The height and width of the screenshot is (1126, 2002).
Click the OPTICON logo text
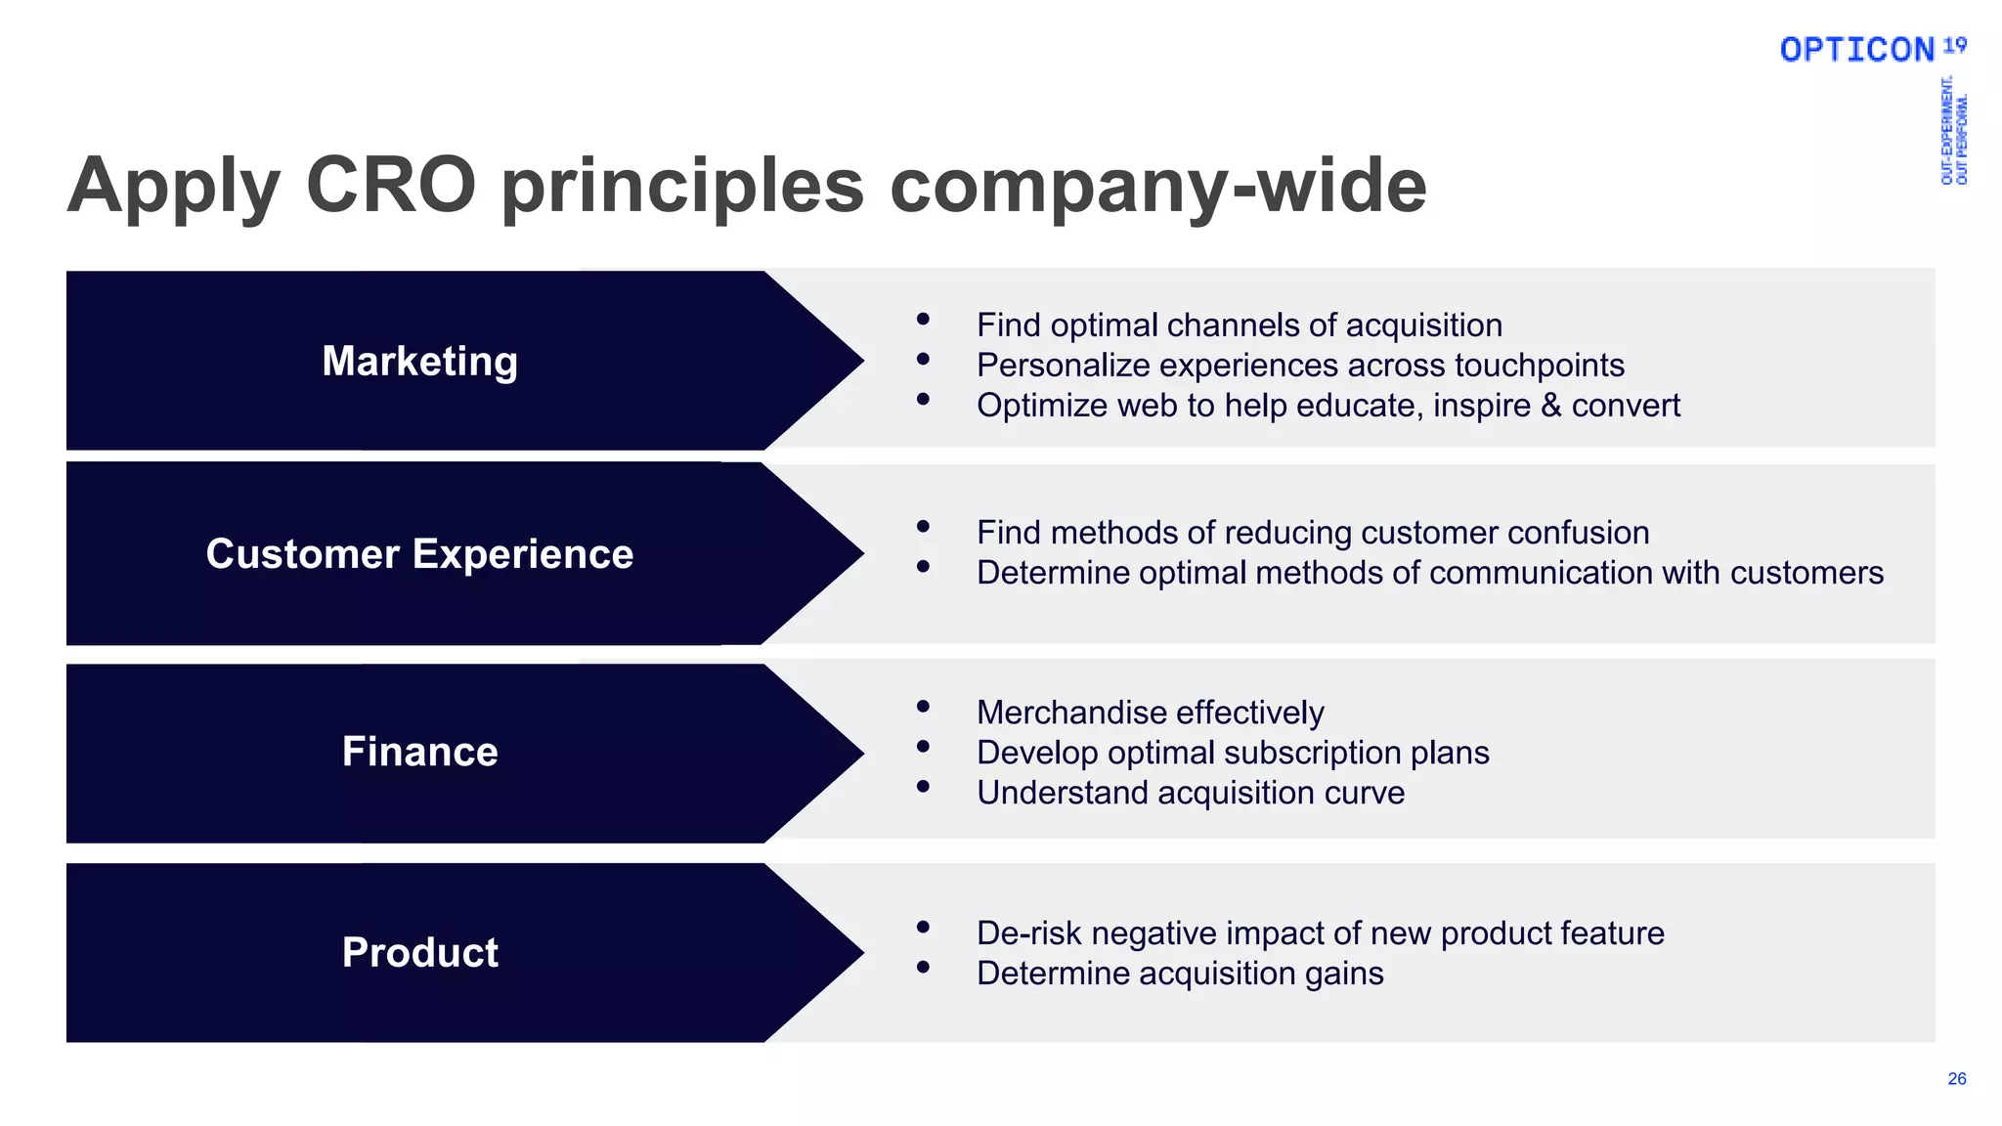tap(1856, 50)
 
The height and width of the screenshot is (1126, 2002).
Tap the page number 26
tap(1956, 1079)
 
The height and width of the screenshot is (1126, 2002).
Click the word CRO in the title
tap(391, 185)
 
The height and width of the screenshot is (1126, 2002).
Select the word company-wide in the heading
tap(1158, 187)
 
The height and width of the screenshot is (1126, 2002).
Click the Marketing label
tap(419, 362)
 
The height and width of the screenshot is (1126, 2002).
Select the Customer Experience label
tap(419, 554)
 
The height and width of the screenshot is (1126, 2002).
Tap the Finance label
tap(419, 752)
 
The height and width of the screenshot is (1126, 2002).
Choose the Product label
tap(419, 952)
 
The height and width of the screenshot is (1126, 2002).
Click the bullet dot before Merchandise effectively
tap(923, 706)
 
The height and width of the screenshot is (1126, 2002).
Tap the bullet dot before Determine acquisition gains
tap(923, 968)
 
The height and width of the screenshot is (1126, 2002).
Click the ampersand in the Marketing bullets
tap(1551, 406)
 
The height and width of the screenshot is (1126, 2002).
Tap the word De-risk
tap(1028, 933)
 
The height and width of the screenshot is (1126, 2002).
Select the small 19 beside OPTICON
tap(1954, 45)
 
